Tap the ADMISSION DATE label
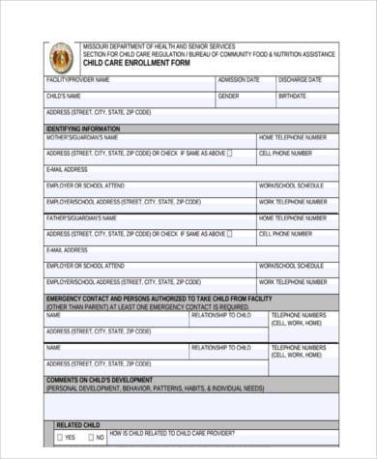(240, 79)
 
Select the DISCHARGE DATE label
(300, 79)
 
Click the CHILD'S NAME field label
(65, 97)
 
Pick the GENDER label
(229, 97)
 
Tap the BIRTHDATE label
(293, 97)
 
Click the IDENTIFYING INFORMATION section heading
(83, 129)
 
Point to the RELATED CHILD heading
(78, 424)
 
